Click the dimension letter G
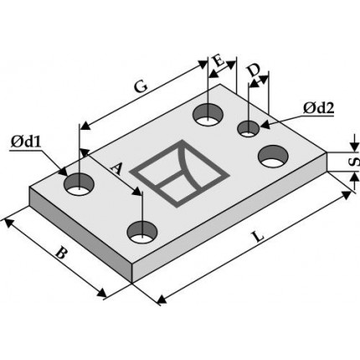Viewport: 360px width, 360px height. tap(141, 86)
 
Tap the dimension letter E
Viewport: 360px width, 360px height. tap(219, 61)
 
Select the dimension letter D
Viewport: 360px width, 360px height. tap(254, 70)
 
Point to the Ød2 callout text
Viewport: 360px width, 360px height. tap(319, 108)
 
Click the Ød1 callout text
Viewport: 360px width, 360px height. tap(26, 142)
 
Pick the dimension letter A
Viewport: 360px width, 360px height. tap(116, 168)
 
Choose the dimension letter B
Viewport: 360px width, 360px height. tap(61, 253)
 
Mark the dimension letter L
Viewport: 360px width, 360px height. tap(259, 237)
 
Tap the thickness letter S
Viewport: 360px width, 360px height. tap(355, 162)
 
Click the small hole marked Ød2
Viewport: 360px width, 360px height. tap(248, 129)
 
